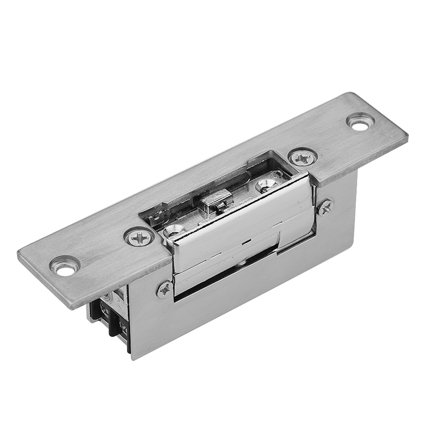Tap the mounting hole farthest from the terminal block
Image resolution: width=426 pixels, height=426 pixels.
coord(360,122)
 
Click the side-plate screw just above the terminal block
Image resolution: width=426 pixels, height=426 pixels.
coord(165,289)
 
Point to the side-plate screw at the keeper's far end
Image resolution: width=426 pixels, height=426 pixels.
coord(325,207)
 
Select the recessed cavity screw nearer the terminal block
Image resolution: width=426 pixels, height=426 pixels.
coord(174,231)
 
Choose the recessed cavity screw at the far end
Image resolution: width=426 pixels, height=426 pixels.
coord(266,185)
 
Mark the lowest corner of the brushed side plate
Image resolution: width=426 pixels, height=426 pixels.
coord(133,358)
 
